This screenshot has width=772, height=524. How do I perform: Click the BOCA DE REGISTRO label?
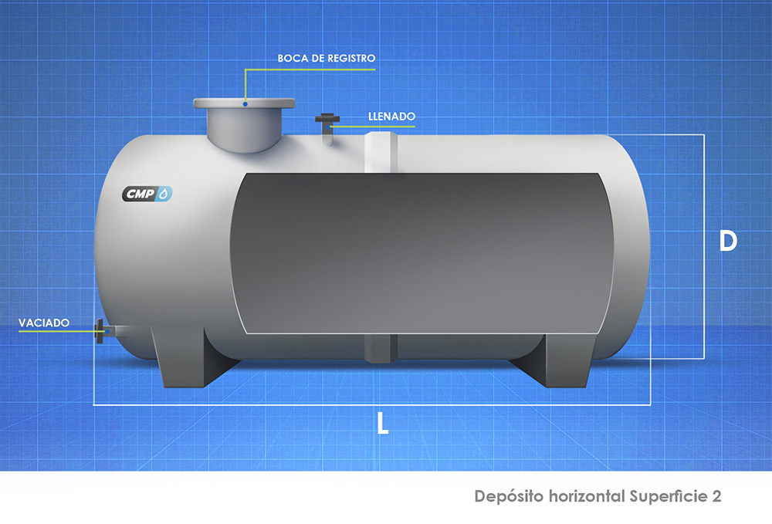point(327,58)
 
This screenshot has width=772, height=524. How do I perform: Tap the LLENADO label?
point(392,117)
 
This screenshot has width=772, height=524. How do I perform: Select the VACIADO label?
point(44,323)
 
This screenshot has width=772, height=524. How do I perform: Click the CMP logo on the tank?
point(147,194)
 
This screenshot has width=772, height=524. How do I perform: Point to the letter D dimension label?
point(728,241)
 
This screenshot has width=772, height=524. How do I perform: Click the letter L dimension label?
point(383,423)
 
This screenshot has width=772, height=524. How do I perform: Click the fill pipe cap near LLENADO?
point(327,119)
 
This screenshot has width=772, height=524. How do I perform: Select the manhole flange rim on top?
point(244,103)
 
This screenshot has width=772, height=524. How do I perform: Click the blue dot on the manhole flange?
point(245,104)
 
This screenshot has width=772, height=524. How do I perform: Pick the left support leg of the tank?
point(192,357)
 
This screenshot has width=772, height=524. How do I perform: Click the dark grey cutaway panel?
point(422,253)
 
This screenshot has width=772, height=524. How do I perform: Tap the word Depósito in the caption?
point(509,496)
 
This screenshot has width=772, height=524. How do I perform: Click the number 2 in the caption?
point(716,496)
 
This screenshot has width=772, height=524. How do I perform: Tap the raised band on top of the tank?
point(381,152)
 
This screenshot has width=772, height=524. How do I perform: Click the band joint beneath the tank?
point(381,348)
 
